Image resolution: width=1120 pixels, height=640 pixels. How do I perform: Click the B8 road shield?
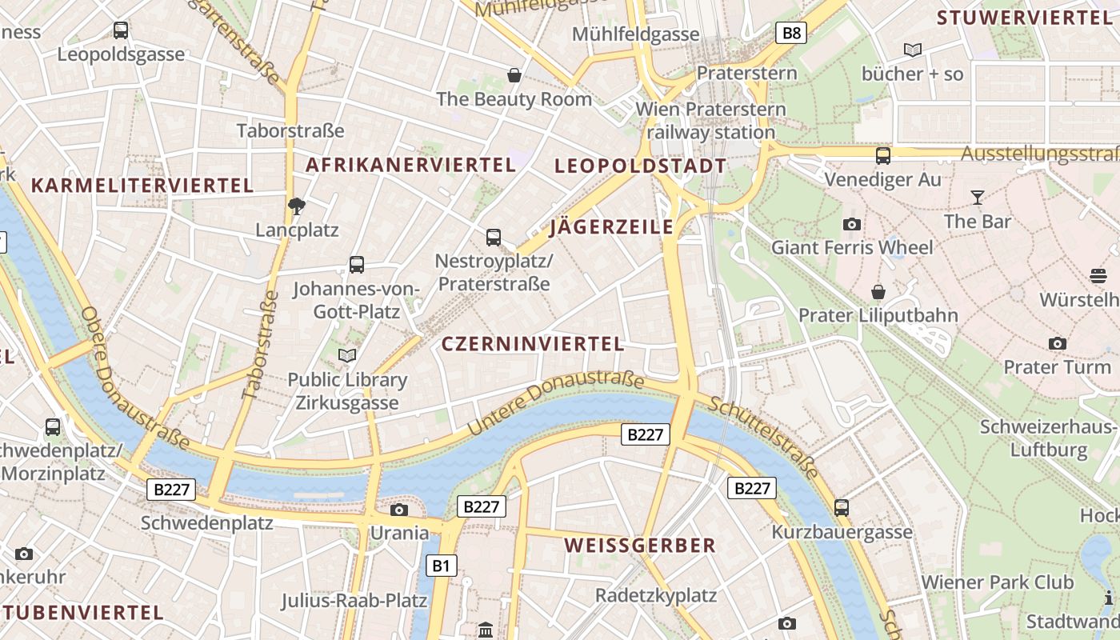tap(790, 33)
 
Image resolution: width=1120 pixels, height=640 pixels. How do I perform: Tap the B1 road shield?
tap(441, 566)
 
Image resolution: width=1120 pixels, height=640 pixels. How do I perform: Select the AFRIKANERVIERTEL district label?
tap(410, 165)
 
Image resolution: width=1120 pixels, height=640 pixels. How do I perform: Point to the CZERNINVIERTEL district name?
tap(533, 344)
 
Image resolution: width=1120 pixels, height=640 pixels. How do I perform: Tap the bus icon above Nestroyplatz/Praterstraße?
tap(494, 237)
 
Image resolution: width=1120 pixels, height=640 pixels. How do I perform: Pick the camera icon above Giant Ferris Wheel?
tap(852, 224)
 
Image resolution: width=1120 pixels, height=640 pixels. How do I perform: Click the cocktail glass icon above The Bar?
tap(977, 197)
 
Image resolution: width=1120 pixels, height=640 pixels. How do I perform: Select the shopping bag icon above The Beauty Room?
tap(514, 75)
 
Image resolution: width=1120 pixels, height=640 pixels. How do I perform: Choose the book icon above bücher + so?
tap(912, 50)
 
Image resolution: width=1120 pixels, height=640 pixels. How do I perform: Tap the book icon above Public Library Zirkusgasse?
tap(347, 355)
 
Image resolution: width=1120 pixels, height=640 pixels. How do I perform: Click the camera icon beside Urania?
tap(398, 510)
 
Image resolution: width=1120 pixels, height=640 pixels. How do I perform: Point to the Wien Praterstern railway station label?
tap(710, 120)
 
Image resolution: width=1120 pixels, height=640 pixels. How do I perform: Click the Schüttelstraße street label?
tap(764, 438)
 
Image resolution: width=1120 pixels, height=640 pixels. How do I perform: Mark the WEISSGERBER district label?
tap(639, 546)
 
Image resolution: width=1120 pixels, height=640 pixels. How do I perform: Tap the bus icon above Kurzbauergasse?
tap(841, 507)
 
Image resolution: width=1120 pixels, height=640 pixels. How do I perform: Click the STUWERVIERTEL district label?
tap(1024, 18)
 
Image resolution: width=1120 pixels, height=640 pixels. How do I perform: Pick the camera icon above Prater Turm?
tap(1058, 343)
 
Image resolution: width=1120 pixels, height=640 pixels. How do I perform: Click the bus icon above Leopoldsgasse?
tap(121, 30)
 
